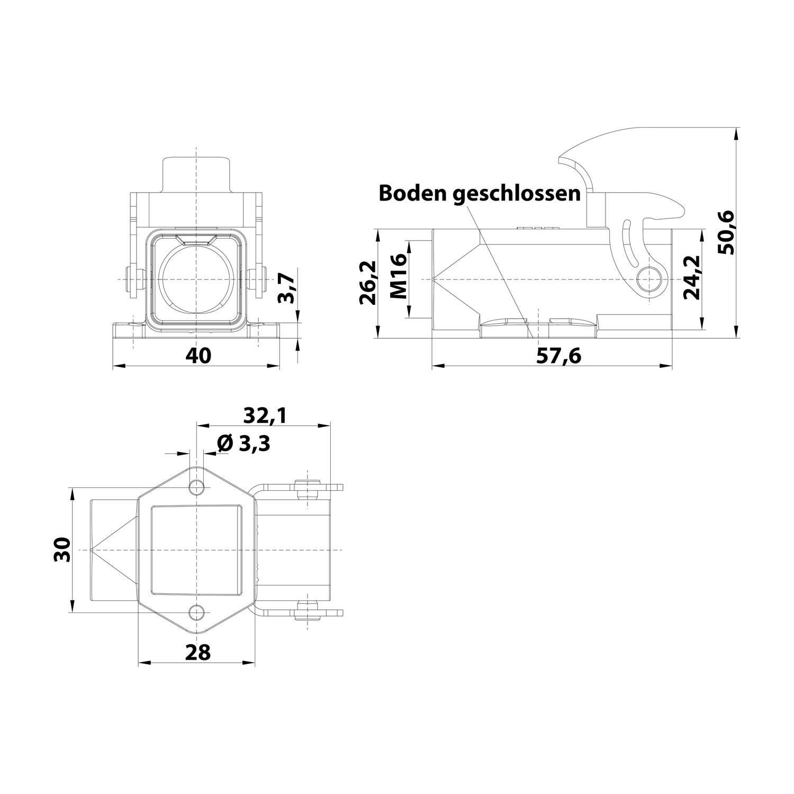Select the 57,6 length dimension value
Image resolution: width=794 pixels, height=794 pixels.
point(558,356)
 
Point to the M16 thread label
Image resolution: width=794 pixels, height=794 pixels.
point(400,276)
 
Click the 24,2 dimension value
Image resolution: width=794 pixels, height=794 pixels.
point(691,277)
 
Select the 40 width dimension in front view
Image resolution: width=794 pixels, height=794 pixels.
point(198,355)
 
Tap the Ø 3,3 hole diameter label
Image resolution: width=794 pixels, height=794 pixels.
point(244,444)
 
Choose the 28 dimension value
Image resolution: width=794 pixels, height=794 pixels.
point(197,652)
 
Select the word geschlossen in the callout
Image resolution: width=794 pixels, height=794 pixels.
point(516,194)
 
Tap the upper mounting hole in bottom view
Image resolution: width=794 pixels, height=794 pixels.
point(197,486)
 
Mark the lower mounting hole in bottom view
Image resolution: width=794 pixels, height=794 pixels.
point(197,612)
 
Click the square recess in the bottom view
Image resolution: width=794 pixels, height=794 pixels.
point(196,550)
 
